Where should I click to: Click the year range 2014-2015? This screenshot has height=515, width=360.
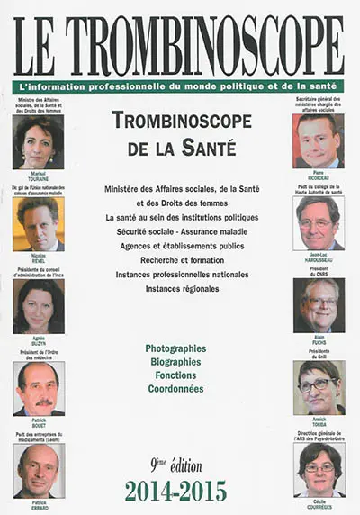pos(176,492)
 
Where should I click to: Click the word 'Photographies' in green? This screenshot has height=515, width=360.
pos(175,348)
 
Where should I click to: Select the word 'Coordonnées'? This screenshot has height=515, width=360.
pos(175,389)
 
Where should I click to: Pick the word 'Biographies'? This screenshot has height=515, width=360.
pos(175,362)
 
